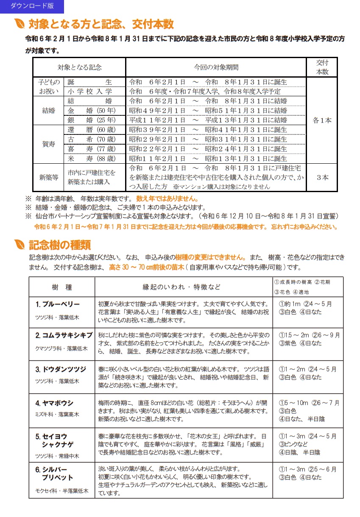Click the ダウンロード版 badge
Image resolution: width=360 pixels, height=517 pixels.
pos(31,6)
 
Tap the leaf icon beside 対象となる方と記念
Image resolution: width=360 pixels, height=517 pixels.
pos(19,24)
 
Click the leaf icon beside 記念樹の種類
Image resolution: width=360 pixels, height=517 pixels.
pos(19,245)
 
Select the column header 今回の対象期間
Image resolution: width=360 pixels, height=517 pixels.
pos(216,67)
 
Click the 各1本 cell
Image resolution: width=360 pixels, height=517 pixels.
pos(322,120)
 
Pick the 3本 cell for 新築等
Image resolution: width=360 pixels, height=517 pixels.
pos(322,178)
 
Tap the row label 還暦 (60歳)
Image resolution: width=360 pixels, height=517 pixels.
pos(91,130)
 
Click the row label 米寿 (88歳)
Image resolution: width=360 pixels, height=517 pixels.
pos(91,159)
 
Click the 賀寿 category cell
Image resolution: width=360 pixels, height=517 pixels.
pos(48,144)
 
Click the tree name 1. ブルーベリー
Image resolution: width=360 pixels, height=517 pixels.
pos(58,304)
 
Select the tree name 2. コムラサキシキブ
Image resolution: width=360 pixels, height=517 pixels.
pos(64,335)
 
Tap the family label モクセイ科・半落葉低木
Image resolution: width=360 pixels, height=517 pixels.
pos(62,491)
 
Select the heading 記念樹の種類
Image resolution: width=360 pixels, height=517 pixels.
pos(59,245)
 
